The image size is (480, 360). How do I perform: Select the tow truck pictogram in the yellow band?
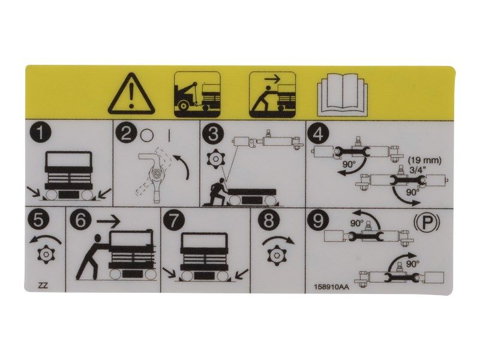pos(197,94)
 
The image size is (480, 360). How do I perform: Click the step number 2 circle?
pos(125,133)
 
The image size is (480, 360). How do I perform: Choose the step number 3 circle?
pos(211,133)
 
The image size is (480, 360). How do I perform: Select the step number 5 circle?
pos(39,220)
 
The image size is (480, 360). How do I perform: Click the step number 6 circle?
pos(80,220)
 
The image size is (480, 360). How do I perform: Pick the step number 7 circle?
pos(174,220)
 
